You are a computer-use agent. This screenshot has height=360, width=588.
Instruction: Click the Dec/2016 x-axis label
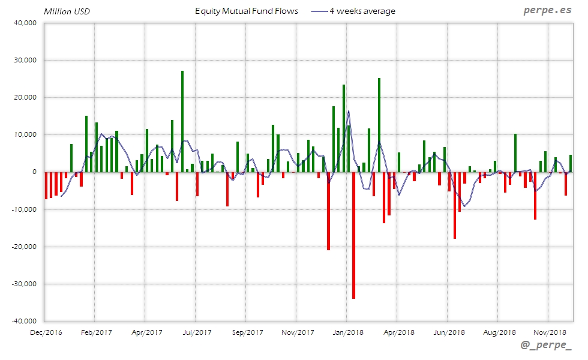coord(46,332)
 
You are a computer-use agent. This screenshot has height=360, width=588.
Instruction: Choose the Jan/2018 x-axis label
coord(348,332)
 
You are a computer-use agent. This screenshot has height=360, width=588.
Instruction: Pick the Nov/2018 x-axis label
coord(550,332)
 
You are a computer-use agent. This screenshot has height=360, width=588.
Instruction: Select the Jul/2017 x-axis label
coord(197,332)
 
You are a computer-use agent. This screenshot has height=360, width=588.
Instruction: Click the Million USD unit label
coord(67,11)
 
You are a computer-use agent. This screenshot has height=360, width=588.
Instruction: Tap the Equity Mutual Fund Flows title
coord(246,11)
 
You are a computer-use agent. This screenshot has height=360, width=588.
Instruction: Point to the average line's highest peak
coord(349,111)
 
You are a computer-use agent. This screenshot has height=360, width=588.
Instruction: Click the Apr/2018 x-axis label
coord(398,332)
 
